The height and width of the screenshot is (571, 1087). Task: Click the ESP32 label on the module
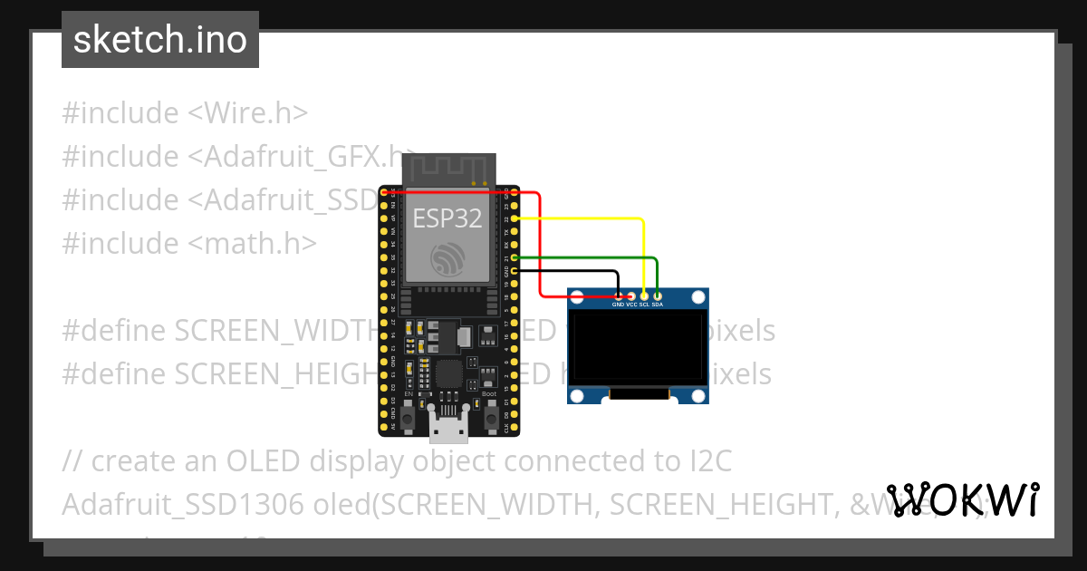click(447, 218)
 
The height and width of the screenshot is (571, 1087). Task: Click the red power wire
click(541, 245)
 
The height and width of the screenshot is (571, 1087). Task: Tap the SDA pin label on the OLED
click(658, 305)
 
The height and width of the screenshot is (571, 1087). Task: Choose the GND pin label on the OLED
click(619, 305)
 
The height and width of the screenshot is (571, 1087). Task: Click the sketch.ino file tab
click(160, 40)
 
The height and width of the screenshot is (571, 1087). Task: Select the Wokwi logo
click(964, 499)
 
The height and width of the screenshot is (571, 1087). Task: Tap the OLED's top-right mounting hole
click(697, 297)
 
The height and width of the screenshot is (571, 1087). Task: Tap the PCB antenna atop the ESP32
click(449, 169)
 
